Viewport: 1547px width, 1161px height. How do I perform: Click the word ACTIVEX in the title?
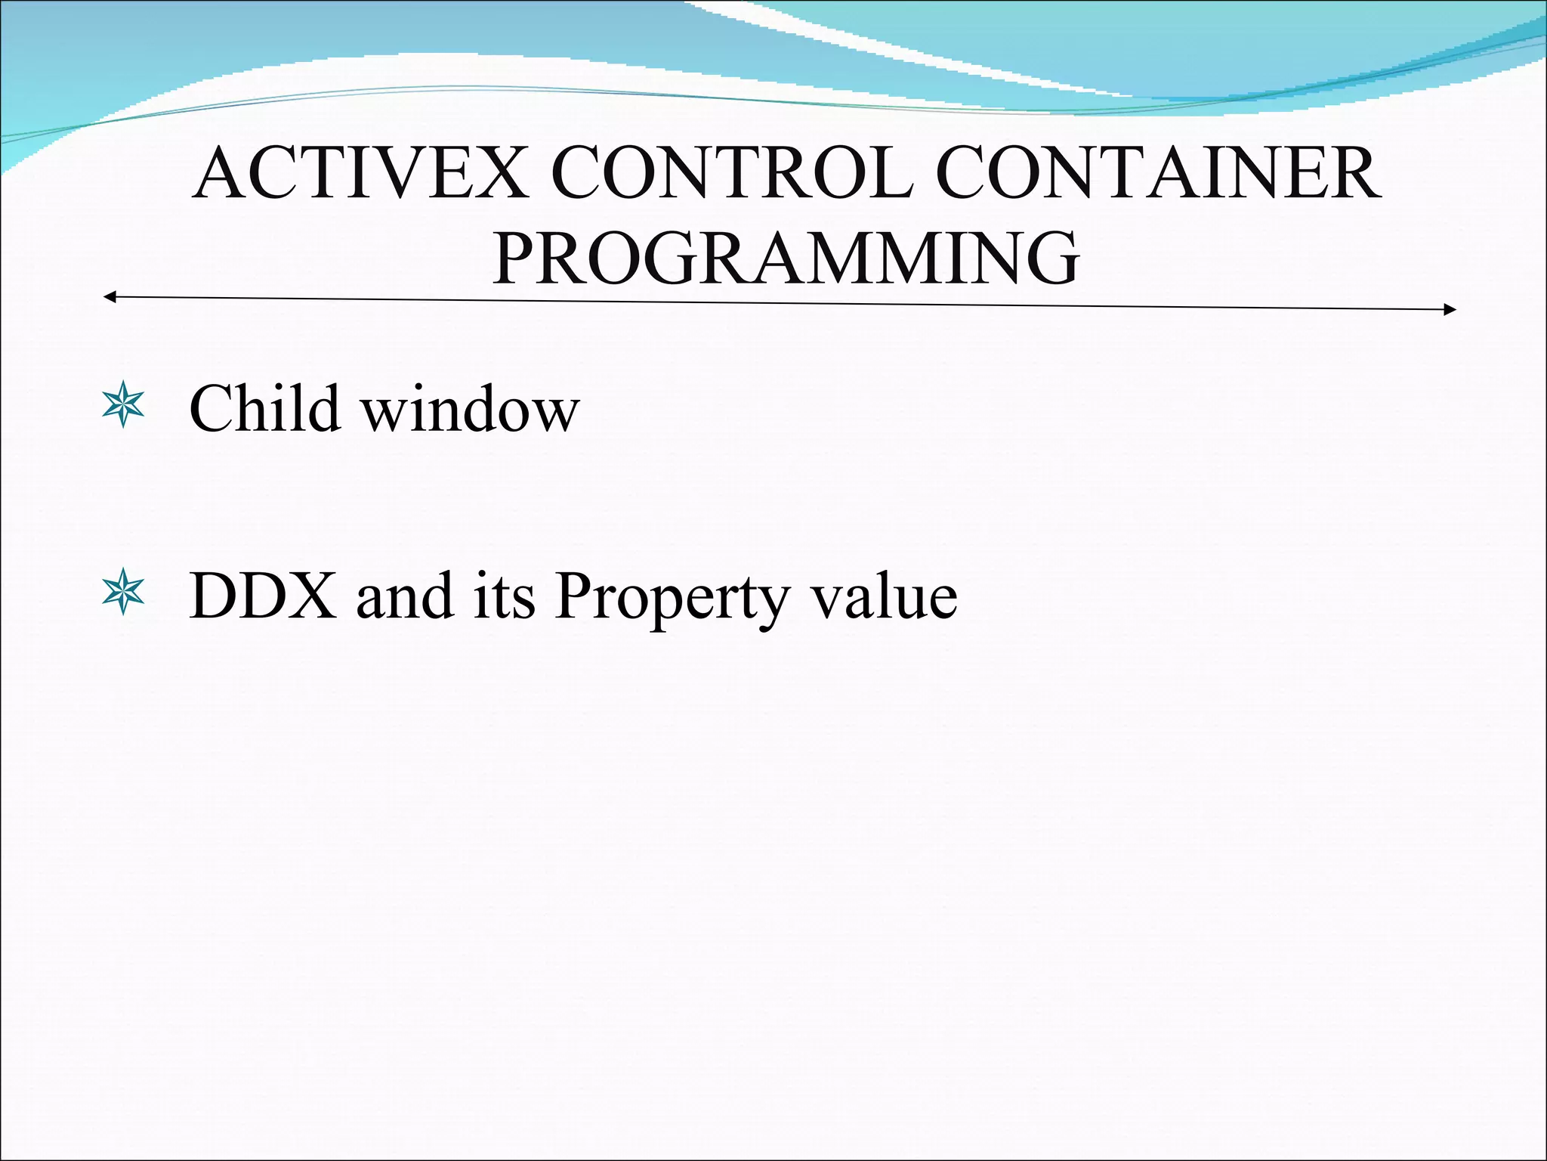361,174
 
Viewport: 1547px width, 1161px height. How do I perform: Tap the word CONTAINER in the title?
1157,174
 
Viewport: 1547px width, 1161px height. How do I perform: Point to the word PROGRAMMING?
786,259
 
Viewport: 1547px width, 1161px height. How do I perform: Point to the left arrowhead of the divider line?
109,297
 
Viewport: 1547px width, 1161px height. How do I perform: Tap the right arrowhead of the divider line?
1450,309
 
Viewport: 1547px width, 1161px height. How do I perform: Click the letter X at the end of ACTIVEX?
499,174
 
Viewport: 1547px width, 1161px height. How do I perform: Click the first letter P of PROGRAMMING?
517,259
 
